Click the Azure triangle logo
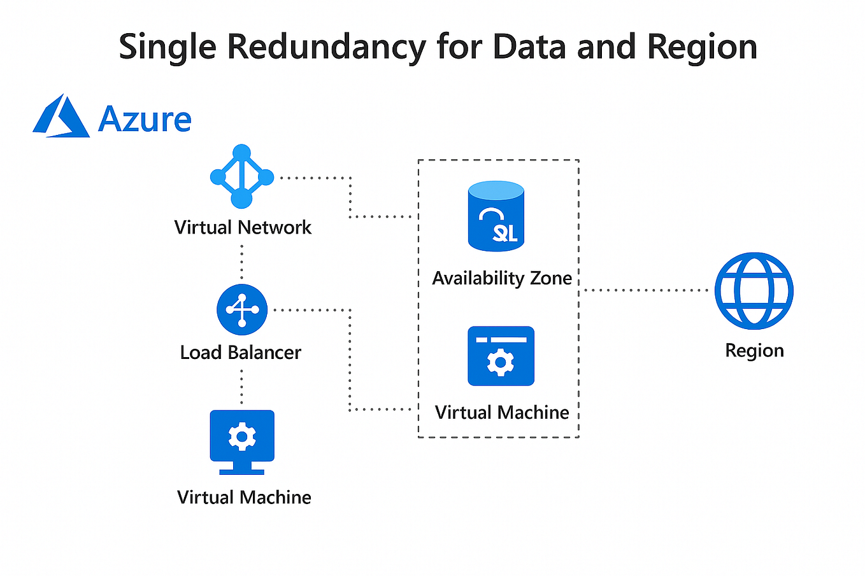(x=61, y=116)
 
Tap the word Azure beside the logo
(x=145, y=119)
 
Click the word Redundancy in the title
(x=326, y=47)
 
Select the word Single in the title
(x=168, y=47)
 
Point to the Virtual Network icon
(x=241, y=176)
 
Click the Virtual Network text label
(x=243, y=227)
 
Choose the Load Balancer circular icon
(x=242, y=310)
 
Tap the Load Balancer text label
(x=240, y=352)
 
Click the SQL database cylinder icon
(x=496, y=216)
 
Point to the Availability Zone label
(x=502, y=278)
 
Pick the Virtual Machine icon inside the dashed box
(x=501, y=356)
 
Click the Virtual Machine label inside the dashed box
(x=502, y=412)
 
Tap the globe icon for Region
(x=754, y=290)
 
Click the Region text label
(x=754, y=351)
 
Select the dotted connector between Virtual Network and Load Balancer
(x=242, y=262)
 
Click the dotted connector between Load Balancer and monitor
(x=242, y=386)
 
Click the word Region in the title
(x=702, y=47)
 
